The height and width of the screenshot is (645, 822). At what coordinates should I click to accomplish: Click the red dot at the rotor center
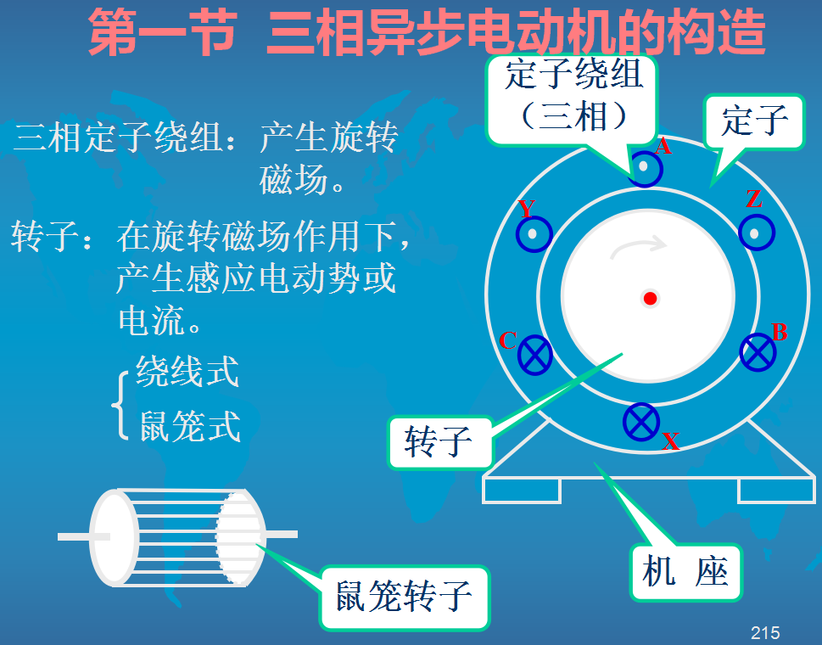point(651,298)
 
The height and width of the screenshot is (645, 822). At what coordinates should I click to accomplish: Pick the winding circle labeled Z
point(755,233)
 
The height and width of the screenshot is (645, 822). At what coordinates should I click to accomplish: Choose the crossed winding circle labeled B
point(758,351)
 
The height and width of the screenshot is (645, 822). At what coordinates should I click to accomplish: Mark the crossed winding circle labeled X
point(641,422)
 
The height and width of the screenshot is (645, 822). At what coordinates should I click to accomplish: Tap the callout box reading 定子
point(754,121)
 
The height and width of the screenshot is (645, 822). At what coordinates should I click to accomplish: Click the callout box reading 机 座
point(685,572)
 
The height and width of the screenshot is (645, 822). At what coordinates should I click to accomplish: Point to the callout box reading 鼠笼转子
point(404,597)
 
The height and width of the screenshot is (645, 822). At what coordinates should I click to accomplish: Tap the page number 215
point(765,632)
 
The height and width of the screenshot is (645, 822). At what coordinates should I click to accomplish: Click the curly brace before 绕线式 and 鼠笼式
point(120,402)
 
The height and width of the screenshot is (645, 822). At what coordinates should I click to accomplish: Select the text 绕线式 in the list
point(187,373)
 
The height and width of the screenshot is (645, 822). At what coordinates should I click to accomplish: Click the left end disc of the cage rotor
point(114,536)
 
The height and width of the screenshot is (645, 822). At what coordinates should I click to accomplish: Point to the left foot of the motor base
point(521,490)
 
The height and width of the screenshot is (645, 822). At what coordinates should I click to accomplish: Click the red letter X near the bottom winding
point(670,441)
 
